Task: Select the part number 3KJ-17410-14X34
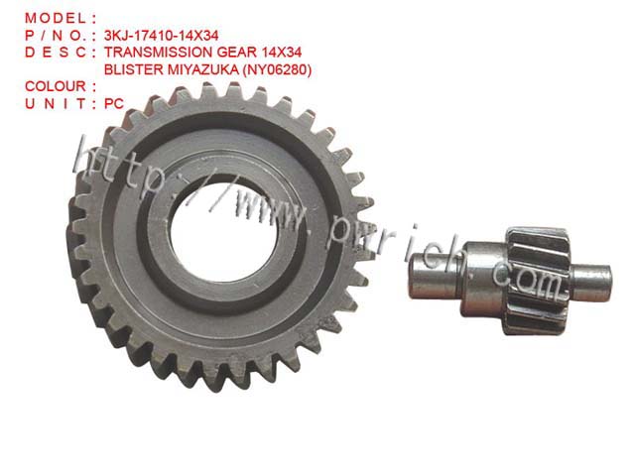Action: (161, 36)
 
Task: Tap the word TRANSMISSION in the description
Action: (159, 53)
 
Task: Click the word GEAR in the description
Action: (236, 53)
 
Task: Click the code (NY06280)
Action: (277, 70)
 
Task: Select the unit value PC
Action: (114, 103)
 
